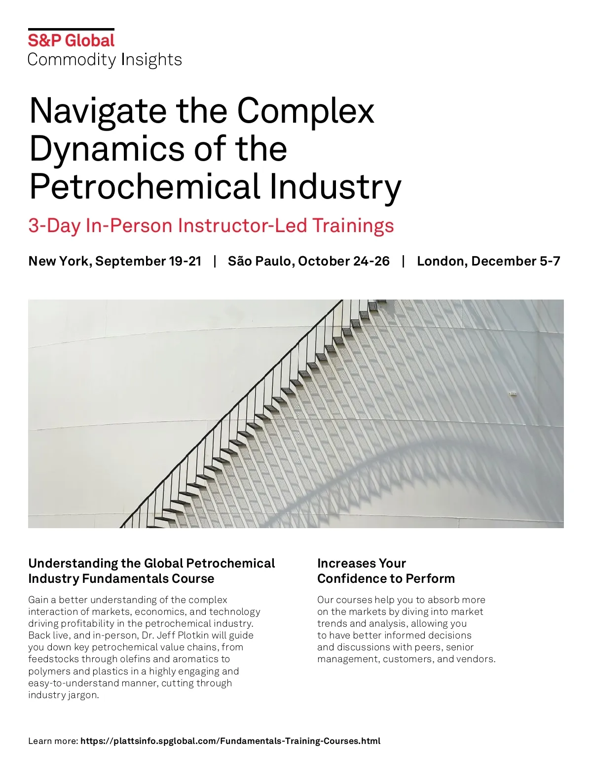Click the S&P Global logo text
[71, 40]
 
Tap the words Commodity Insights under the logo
[105, 60]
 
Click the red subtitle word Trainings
[353, 226]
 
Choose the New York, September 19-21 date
[115, 261]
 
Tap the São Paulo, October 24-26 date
[308, 261]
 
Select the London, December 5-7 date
[488, 261]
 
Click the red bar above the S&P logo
[71, 30]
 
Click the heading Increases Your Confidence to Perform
[386, 571]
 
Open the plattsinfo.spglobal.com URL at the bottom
[230, 741]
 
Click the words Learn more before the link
[53, 741]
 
